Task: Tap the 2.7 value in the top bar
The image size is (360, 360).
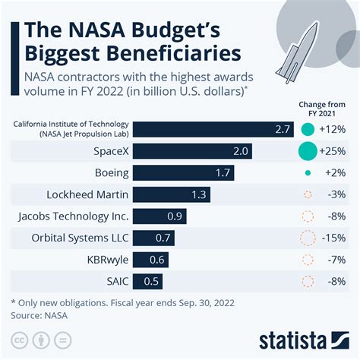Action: [283, 129]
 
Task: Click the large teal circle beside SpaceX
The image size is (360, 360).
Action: [308, 151]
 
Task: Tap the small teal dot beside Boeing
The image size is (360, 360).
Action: [308, 173]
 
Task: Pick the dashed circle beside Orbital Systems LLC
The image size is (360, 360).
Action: [308, 238]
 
